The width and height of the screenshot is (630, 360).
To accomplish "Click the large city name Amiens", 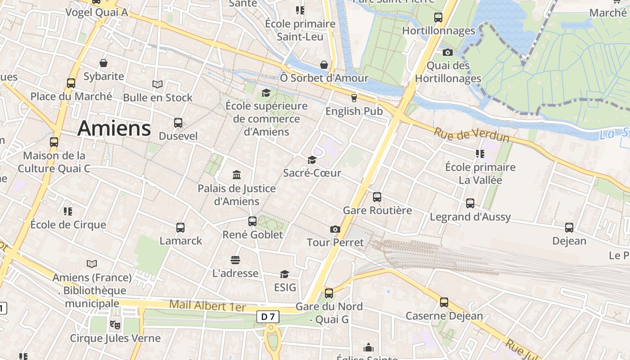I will pos(114,128).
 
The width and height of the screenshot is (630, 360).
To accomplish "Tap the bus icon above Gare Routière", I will pos(377,197).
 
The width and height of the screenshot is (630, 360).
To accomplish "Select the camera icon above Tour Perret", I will pos(335,229).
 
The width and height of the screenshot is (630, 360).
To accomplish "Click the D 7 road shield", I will pos(268,317).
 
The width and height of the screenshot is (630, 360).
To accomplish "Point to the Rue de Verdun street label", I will pos(472,135).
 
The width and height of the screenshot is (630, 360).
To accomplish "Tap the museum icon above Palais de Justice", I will pos(237,175).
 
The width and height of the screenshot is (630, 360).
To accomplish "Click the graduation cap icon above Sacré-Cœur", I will pos(311,160).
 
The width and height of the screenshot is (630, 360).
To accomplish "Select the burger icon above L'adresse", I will pos(235,260).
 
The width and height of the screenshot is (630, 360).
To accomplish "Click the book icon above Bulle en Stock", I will pos(157,84).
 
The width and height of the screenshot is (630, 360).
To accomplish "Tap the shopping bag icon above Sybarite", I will pos(103,63).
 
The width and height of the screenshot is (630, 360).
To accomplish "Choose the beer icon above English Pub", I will pos(354,98).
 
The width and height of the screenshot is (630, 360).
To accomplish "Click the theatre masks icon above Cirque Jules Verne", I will pos(115,324).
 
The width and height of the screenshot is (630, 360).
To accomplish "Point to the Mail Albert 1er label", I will pos(207,306).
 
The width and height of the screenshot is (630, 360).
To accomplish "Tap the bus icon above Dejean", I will pos(569,228).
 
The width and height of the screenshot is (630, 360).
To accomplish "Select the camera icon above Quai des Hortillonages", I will pos(447,52).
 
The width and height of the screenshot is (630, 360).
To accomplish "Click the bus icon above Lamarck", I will pos(180,228).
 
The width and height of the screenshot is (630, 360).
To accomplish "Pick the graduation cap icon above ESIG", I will pos(284,274).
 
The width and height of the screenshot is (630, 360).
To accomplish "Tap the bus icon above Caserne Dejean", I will pos(444,302).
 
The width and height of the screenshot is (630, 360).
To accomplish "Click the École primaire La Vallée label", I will pos(480,173).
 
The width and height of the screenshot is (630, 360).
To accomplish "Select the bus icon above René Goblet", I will pos(252,221).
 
